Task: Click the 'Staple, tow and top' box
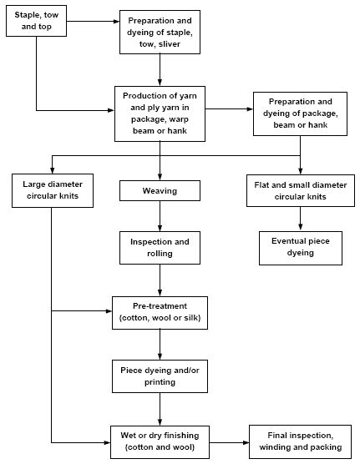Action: (x=37, y=21)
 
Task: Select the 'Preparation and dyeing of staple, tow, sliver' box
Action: (x=159, y=32)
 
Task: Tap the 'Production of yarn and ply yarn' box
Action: (x=159, y=109)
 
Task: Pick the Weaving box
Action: (x=159, y=192)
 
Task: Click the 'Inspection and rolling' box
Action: (x=159, y=248)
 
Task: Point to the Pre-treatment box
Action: (x=159, y=313)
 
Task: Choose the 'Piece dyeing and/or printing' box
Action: (x=159, y=376)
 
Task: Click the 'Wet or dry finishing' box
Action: (x=159, y=441)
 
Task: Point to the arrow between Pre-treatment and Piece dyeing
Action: (x=159, y=345)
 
